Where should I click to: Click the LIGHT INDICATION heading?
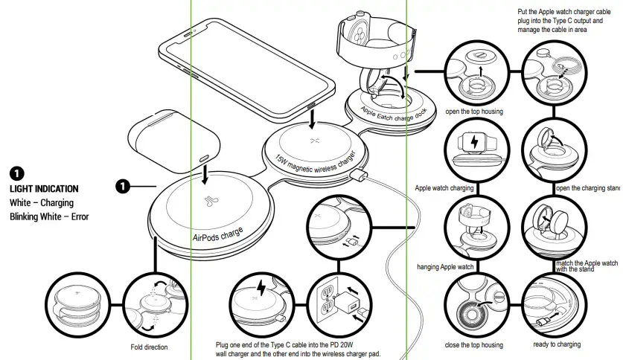pos(44,189)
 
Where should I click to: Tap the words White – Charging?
pos(42,203)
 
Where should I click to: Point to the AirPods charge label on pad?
pos(218,234)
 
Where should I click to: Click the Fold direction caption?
pos(149,347)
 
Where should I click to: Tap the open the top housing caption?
pos(474,112)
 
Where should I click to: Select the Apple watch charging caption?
pos(444,188)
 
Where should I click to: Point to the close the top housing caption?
pos(474,344)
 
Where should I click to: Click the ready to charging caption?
pos(557,344)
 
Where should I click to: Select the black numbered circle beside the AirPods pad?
pos(124,185)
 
